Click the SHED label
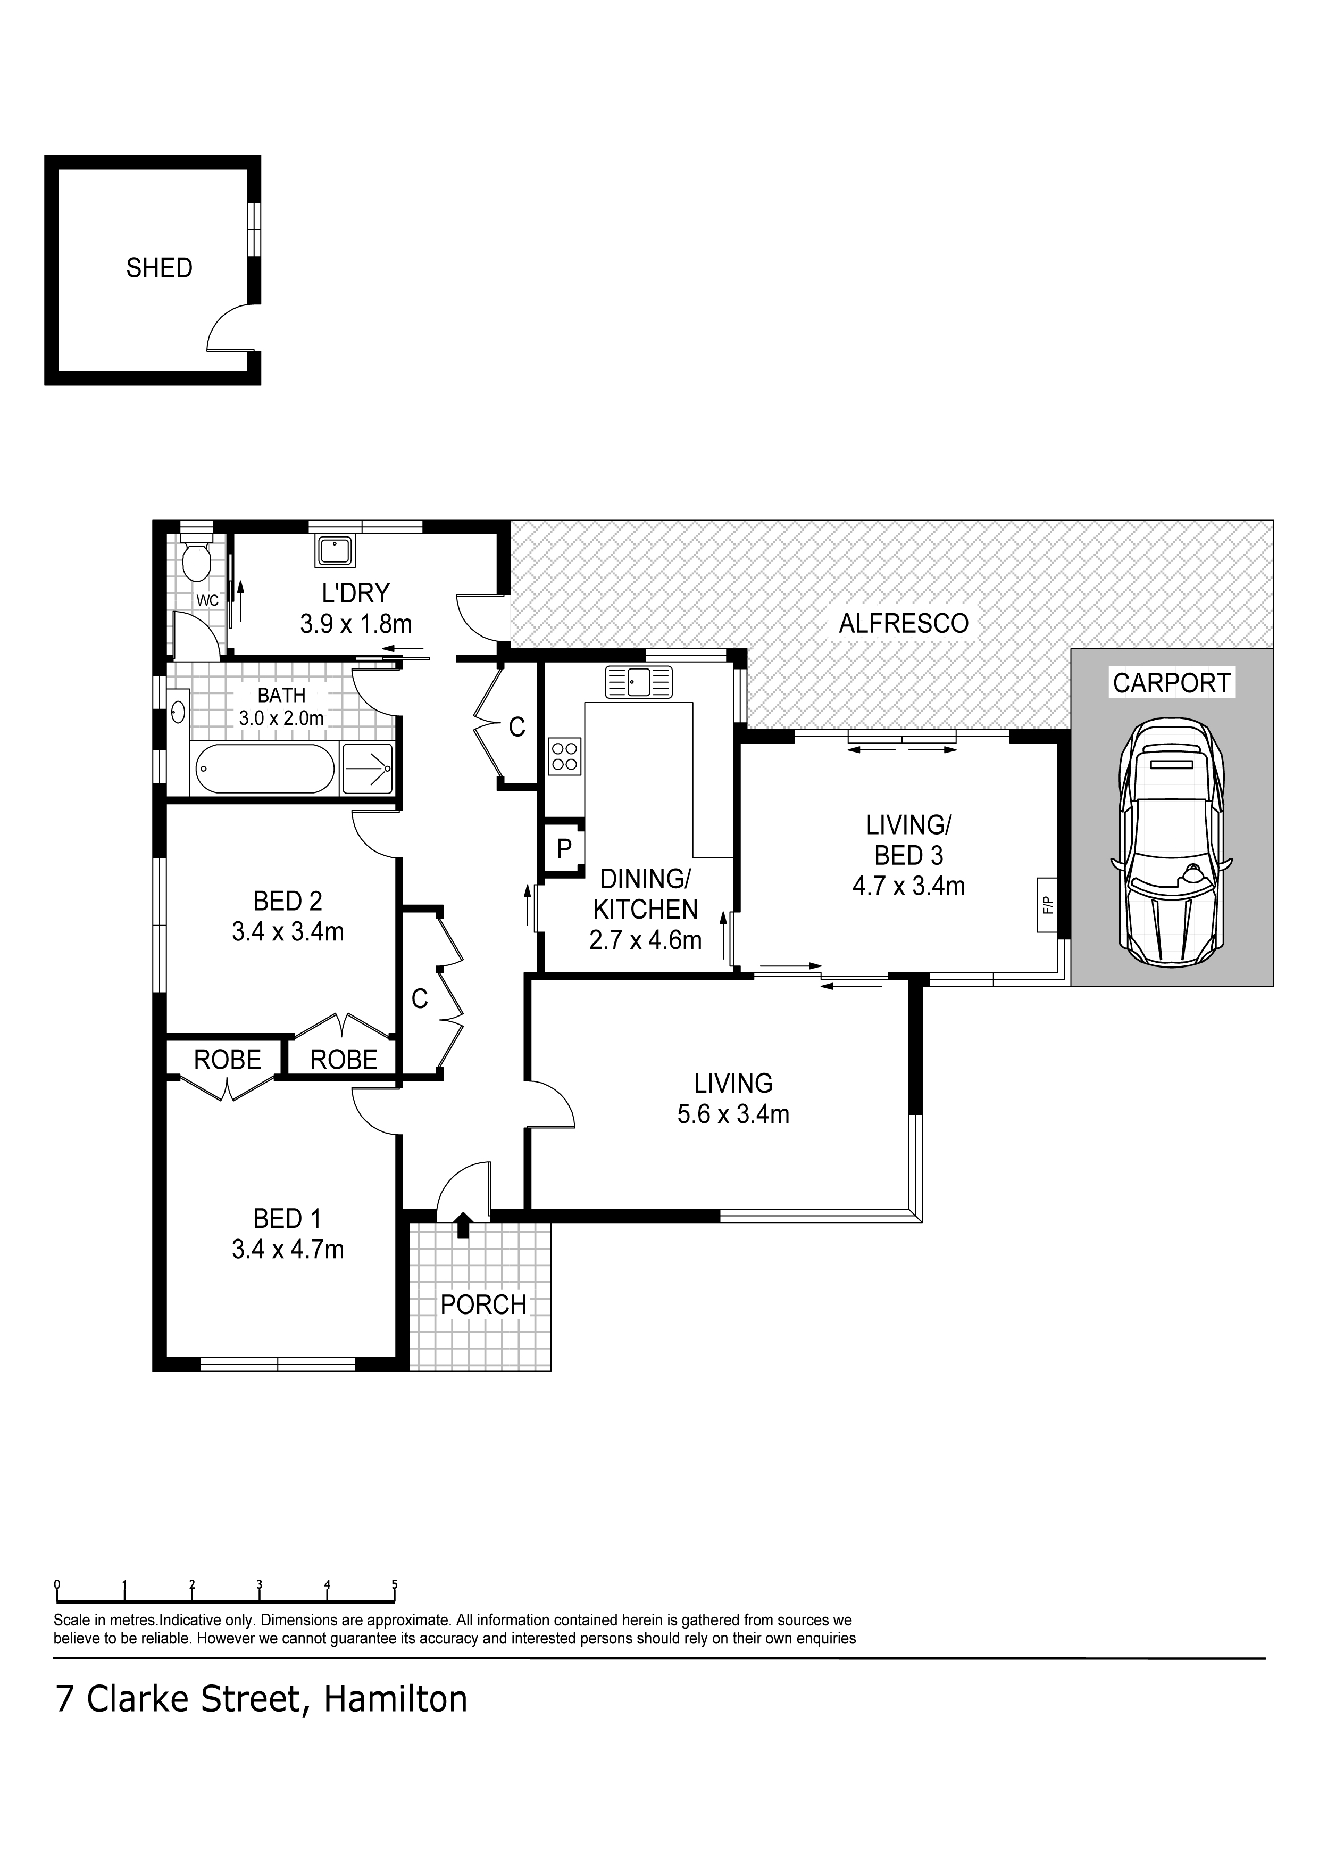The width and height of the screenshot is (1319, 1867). pyautogui.click(x=159, y=268)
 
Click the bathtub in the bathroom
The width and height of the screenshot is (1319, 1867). pyautogui.click(x=263, y=769)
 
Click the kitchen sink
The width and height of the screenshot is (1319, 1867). pyautogui.click(x=638, y=681)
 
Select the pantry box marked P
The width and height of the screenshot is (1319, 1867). pyautogui.click(x=564, y=848)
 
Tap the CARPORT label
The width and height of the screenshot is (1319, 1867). pyautogui.click(x=1171, y=683)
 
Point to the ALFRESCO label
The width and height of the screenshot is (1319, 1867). pyautogui.click(x=904, y=624)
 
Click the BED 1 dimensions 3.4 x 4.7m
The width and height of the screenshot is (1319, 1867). pyautogui.click(x=288, y=1249)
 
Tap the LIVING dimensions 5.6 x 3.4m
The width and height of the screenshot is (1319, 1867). pyautogui.click(x=733, y=1113)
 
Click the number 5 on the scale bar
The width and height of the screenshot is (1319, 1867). pyautogui.click(x=395, y=1584)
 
